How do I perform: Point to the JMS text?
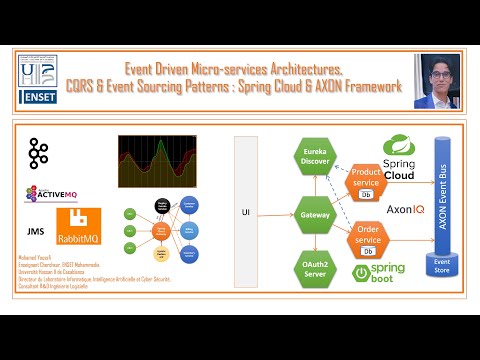[34, 229]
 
